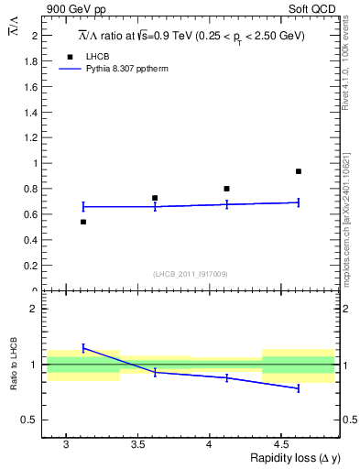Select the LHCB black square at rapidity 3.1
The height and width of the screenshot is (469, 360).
tap(83, 222)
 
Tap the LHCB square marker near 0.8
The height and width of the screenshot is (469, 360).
tap(226, 189)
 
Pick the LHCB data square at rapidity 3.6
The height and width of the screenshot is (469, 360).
tap(155, 198)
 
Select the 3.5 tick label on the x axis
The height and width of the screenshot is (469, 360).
tap(137, 444)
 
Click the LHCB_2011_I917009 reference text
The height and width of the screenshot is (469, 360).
tap(191, 273)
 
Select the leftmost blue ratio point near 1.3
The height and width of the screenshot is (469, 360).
tap(83, 348)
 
